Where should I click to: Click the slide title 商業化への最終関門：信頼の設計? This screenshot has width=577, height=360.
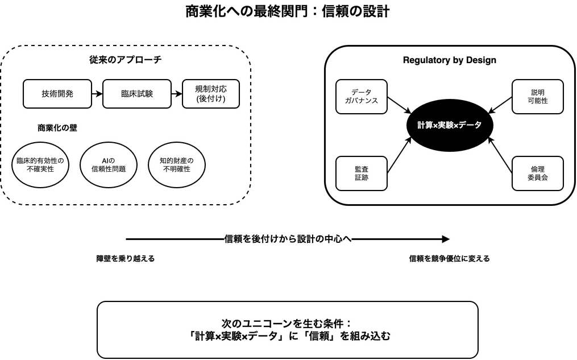(x=288, y=11)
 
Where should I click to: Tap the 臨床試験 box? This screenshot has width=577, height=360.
(x=137, y=94)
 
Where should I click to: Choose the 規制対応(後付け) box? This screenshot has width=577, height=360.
(x=211, y=94)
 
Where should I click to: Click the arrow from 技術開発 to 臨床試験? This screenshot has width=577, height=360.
(x=97, y=94)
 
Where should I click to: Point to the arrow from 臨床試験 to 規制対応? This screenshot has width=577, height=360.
(x=177, y=94)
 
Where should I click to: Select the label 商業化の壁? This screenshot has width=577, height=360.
(x=57, y=128)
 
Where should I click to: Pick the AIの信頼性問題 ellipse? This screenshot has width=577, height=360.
(x=109, y=165)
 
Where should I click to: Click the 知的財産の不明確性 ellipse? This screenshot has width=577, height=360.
(x=177, y=165)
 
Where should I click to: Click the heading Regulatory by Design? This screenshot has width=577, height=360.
(x=450, y=60)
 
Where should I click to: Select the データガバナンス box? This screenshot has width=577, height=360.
(x=362, y=97)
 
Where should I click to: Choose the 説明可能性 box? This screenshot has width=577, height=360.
(x=538, y=97)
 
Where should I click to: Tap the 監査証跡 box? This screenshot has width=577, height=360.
(x=362, y=173)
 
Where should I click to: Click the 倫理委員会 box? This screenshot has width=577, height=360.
(x=538, y=173)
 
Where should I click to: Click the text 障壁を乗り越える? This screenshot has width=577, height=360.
(x=126, y=259)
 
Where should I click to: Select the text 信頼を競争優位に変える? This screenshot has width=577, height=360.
(x=450, y=259)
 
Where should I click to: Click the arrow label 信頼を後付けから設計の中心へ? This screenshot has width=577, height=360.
(x=288, y=239)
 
